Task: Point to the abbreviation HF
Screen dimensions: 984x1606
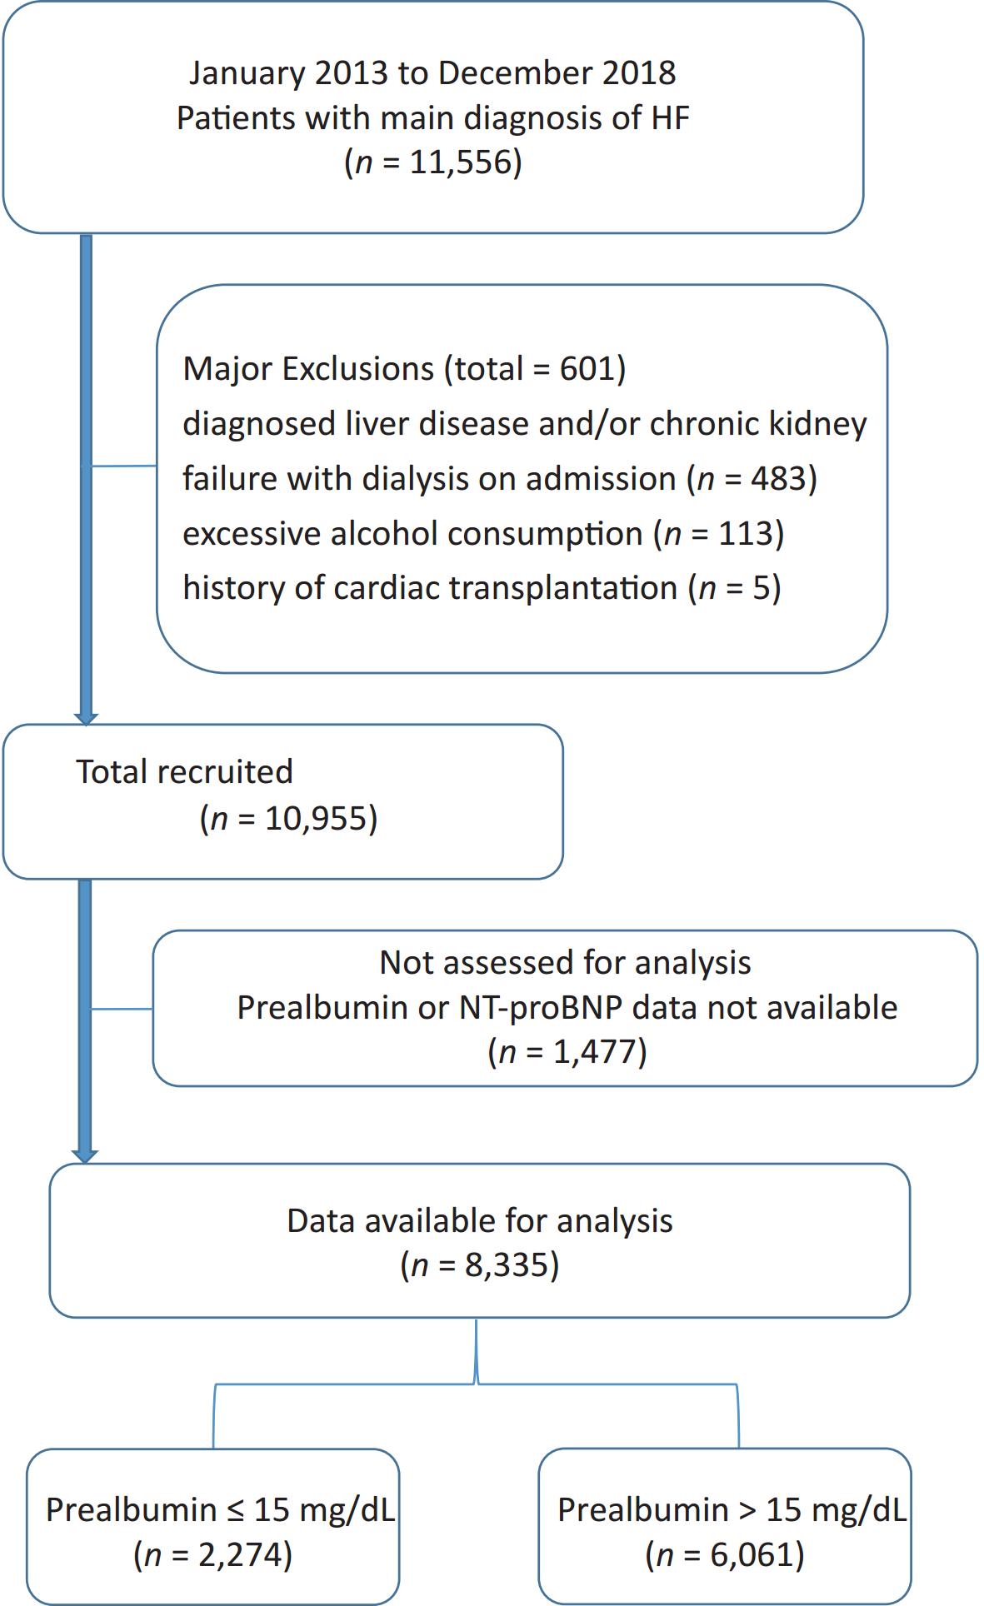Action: click(670, 117)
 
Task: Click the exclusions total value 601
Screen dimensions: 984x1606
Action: click(587, 368)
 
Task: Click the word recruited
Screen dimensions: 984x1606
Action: click(224, 772)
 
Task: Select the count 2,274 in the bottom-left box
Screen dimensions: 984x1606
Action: click(240, 1555)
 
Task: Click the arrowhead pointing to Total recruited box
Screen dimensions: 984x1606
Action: click(86, 719)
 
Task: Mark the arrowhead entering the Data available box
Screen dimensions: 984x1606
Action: click(85, 1157)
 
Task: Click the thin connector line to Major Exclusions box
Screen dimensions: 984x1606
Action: click(124, 466)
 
